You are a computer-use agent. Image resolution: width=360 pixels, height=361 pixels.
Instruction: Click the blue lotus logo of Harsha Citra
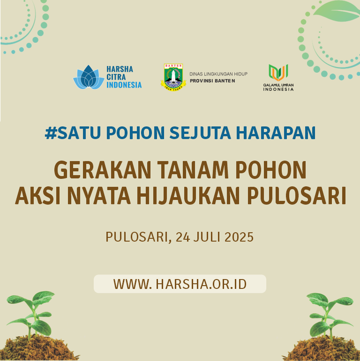click(89, 77)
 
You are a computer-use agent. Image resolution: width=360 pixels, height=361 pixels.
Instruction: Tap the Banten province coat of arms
click(173, 77)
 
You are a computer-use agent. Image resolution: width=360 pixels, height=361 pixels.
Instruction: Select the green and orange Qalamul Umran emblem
click(278, 73)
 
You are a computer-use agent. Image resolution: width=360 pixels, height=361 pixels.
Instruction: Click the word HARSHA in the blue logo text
click(120, 69)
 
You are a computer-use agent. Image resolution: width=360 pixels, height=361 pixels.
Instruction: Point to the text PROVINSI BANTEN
click(212, 81)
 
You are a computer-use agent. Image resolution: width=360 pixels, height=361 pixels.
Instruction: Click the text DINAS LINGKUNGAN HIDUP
click(218, 74)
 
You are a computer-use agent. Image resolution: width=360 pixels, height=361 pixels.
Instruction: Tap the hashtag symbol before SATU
click(51, 133)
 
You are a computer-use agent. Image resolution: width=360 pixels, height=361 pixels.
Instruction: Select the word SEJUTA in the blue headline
click(200, 133)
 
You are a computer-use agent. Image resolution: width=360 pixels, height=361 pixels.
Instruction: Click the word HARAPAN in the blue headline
click(276, 133)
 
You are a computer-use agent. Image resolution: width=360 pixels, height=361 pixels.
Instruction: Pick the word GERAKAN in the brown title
click(103, 170)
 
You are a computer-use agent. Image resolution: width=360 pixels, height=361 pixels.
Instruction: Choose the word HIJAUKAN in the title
click(188, 195)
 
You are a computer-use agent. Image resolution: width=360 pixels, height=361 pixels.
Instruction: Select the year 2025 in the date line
click(239, 237)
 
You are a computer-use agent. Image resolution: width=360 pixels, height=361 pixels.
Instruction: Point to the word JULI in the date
click(207, 237)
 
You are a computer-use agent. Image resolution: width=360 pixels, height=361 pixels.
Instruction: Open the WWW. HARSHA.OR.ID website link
click(180, 284)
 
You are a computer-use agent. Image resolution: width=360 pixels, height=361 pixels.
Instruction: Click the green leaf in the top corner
click(337, 11)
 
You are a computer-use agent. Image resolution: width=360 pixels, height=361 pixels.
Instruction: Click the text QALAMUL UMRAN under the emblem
click(278, 85)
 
